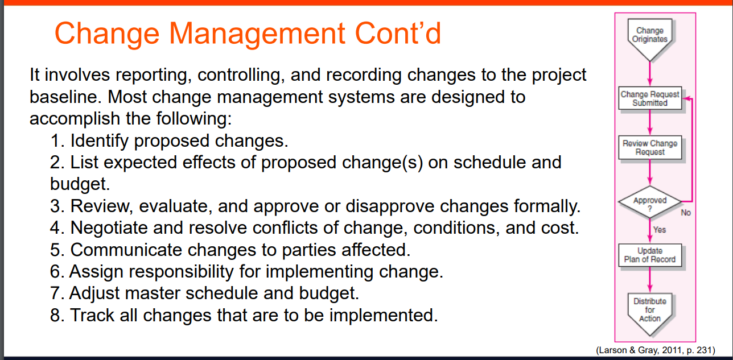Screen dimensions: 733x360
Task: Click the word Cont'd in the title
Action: click(398, 32)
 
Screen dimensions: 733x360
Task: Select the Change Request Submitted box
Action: click(650, 98)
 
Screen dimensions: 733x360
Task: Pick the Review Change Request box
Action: click(650, 147)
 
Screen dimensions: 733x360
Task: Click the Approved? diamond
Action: click(650, 202)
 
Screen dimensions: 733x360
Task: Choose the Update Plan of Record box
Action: click(650, 255)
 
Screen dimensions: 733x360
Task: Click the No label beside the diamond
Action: click(686, 213)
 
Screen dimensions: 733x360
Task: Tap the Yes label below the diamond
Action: click(660, 230)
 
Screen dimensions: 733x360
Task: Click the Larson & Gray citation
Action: click(656, 350)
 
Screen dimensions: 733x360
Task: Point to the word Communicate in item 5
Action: click(126, 250)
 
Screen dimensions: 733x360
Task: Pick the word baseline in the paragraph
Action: click(66, 97)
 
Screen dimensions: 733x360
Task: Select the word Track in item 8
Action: click(92, 315)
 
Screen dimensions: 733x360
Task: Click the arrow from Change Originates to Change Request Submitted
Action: click(650, 74)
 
